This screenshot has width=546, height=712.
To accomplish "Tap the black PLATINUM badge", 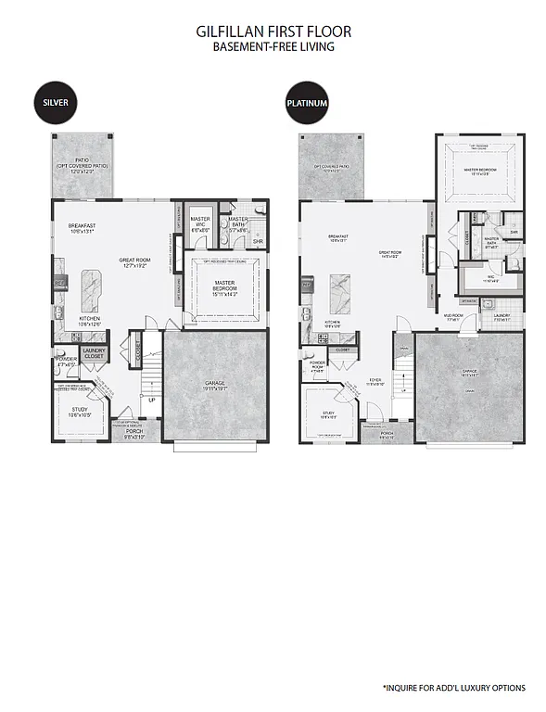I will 307,103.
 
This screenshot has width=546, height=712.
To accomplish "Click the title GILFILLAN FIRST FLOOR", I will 273,32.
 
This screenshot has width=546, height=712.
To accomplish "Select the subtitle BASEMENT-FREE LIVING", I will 273,46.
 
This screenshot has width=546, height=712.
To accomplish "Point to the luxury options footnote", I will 454,688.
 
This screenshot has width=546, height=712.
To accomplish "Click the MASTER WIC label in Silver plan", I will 200,222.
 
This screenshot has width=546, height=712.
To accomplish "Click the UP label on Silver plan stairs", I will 152,400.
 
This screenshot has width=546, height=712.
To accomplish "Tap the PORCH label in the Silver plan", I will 134,431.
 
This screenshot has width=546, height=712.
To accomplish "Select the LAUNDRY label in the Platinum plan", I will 502,315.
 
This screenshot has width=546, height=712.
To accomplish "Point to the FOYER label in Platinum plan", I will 375,378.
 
